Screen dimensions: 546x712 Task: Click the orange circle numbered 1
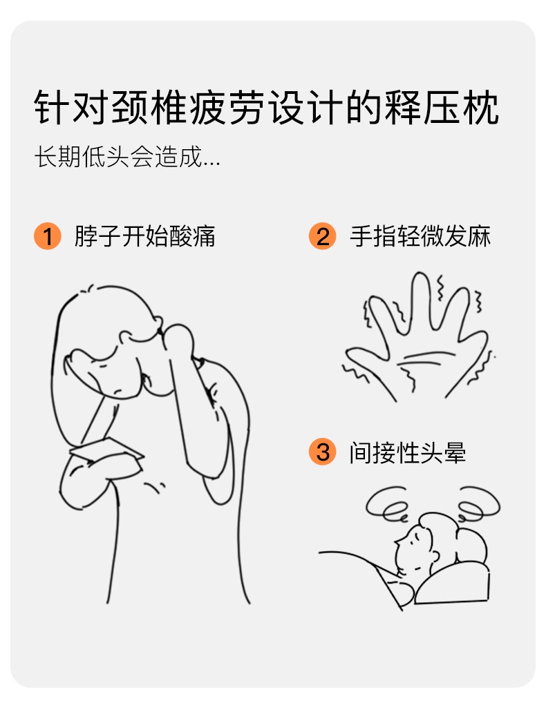pyautogui.click(x=47, y=236)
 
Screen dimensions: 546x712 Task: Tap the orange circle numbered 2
pyautogui.click(x=322, y=236)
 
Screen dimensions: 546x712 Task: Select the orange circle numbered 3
pyautogui.click(x=322, y=452)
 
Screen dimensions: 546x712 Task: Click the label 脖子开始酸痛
pyautogui.click(x=144, y=236)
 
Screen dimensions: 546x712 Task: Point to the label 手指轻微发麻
pyautogui.click(x=420, y=236)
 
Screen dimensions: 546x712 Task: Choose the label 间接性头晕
pyautogui.click(x=408, y=453)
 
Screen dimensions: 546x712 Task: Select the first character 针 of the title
pyautogui.click(x=53, y=108)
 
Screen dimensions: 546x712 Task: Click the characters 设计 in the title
pyautogui.click(x=306, y=108)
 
